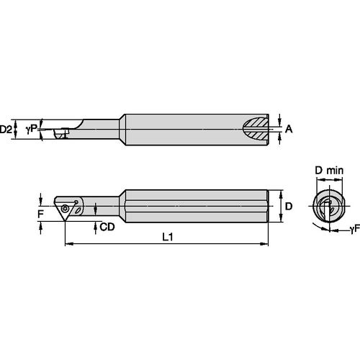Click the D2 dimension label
6,130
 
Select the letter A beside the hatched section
289,130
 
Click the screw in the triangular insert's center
66,208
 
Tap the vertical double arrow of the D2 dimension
17,130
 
